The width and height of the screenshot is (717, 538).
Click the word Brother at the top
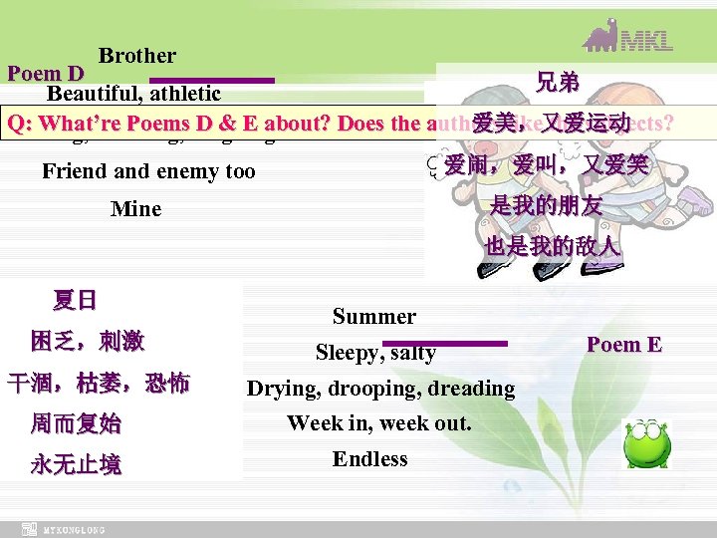(x=137, y=57)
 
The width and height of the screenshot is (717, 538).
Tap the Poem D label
(x=46, y=75)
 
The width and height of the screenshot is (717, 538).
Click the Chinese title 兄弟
(x=559, y=83)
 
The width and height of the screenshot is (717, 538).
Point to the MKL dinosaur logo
(x=627, y=40)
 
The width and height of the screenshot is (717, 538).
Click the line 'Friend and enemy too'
(x=148, y=171)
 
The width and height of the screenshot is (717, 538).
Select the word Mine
(x=136, y=209)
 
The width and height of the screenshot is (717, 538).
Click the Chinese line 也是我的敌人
(x=553, y=246)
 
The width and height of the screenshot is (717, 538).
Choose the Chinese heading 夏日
(x=76, y=300)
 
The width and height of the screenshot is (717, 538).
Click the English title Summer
(x=374, y=317)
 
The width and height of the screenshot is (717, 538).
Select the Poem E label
(x=624, y=345)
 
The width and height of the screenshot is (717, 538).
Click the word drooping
(x=382, y=389)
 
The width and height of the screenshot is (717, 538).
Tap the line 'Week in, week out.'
(x=379, y=423)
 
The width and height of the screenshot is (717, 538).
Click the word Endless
(x=370, y=459)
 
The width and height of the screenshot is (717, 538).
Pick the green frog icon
(x=646, y=444)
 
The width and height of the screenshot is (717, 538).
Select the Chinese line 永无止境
(x=76, y=465)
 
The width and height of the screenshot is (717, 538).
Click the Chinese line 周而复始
(x=76, y=424)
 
